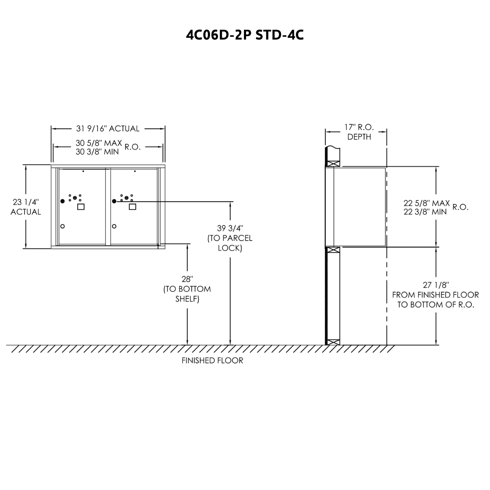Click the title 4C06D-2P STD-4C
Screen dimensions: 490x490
pos(245,35)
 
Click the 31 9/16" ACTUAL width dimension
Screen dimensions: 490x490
pos(108,129)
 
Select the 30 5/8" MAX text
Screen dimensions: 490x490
pos(99,143)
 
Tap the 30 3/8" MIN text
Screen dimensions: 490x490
pos(97,152)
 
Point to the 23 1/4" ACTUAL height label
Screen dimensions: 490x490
pos(26,207)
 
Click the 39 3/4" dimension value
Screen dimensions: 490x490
pos(230,228)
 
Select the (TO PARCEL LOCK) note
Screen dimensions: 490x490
pos(230,243)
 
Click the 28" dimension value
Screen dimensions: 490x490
pos(187,279)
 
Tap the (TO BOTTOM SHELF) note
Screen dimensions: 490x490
pos(187,294)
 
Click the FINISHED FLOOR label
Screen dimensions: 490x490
pos(212,360)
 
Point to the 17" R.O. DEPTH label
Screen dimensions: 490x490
pos(359,132)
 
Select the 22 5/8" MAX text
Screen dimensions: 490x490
pos(427,203)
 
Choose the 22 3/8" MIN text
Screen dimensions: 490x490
pos(425,212)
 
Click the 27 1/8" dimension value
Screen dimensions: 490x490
pos(436,285)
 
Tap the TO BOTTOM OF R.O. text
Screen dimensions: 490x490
pos(436,304)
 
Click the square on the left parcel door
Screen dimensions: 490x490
pos(81,207)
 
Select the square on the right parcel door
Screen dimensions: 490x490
pos(133,207)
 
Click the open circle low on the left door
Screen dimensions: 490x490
pos(63,226)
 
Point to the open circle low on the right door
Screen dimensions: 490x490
pos(114,226)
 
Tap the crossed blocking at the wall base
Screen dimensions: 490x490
pos(333,342)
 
